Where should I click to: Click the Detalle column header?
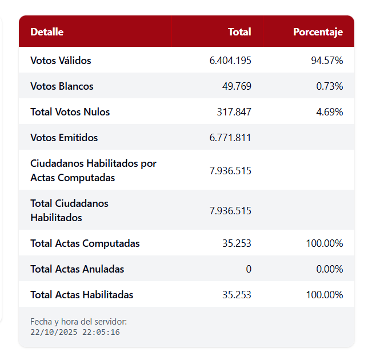pos(47,32)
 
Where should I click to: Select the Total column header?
pos(239,32)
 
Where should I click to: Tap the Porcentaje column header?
pos(318,32)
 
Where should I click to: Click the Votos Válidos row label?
pos(61,61)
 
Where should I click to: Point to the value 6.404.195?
pos(230,61)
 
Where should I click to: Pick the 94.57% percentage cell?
pos(327,61)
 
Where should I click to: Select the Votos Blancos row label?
pos(62,86)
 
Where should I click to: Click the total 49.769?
pos(237,86)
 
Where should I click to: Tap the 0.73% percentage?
pos(329,86)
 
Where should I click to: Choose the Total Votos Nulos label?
pos(70,112)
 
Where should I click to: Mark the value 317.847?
pos(234,112)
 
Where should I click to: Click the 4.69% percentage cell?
pos(329,112)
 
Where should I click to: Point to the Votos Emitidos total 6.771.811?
pos(230,138)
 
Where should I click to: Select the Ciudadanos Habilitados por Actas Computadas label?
pos(93,170)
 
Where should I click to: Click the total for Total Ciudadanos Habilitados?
pos(230,210)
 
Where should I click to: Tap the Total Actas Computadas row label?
pos(85,243)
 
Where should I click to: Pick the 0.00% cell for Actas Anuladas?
pos(329,269)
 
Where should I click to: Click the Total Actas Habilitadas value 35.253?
pos(237,295)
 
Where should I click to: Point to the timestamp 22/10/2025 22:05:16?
pos(75,332)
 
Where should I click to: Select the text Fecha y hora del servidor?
pos(74,322)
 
